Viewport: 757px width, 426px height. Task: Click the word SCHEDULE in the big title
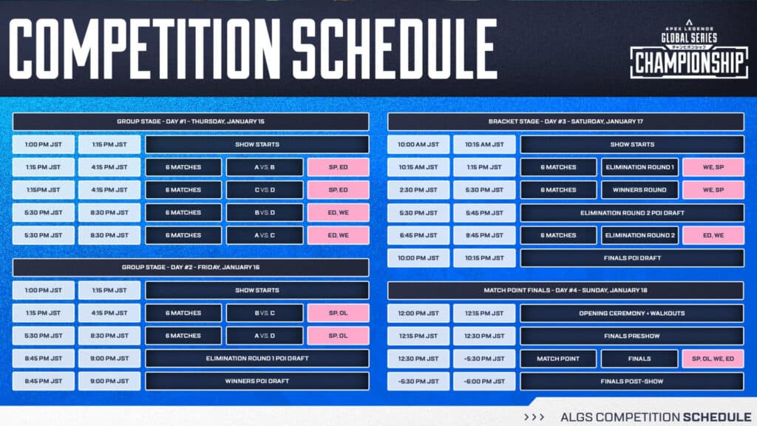[395, 50]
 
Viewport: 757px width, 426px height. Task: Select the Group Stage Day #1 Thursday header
[191, 121]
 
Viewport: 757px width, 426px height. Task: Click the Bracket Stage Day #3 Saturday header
[566, 121]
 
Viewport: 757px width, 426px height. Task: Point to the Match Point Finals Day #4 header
[566, 290]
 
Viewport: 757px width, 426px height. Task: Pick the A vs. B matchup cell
[265, 167]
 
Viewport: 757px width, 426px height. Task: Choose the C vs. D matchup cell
[265, 190]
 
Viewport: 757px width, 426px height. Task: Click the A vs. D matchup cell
[265, 336]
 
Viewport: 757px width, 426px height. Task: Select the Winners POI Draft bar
[257, 381]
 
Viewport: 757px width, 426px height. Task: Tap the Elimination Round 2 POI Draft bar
[633, 213]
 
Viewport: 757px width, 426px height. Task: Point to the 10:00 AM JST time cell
[418, 144]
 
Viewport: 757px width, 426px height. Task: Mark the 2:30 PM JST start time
[418, 190]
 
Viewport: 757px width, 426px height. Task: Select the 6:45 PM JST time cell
[418, 235]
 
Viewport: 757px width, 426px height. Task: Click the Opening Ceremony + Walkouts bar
[633, 313]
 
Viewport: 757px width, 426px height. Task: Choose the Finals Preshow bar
[633, 336]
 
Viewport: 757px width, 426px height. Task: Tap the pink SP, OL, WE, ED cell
[713, 359]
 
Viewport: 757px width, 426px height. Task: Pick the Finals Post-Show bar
[633, 382]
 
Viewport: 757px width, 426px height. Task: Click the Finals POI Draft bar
[633, 258]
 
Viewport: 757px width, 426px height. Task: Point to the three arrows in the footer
[534, 417]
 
